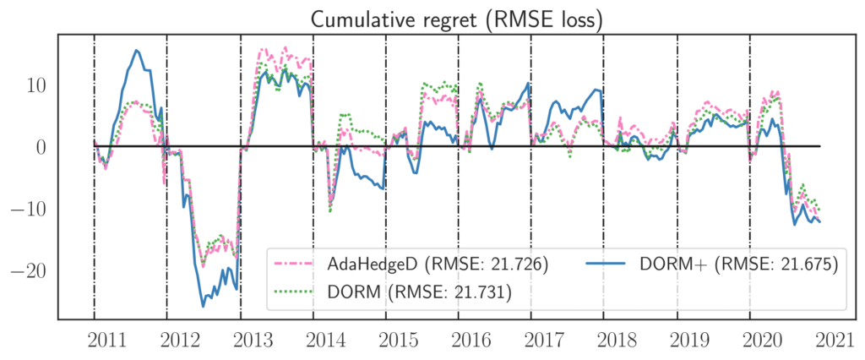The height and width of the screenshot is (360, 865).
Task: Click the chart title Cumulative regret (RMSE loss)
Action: coord(457,19)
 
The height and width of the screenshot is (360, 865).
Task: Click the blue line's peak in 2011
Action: coord(138,51)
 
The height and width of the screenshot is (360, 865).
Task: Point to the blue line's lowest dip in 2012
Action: coord(204,305)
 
